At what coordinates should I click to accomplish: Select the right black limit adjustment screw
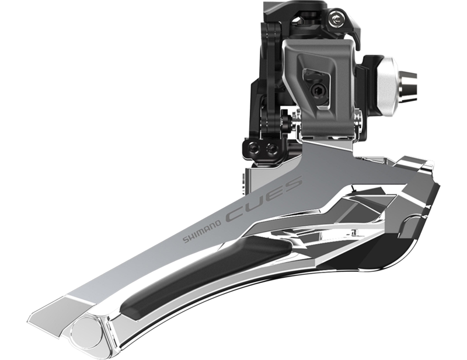click(x=271, y=149)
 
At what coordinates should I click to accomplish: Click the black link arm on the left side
click(x=269, y=93)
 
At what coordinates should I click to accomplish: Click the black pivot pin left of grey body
click(x=285, y=122)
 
